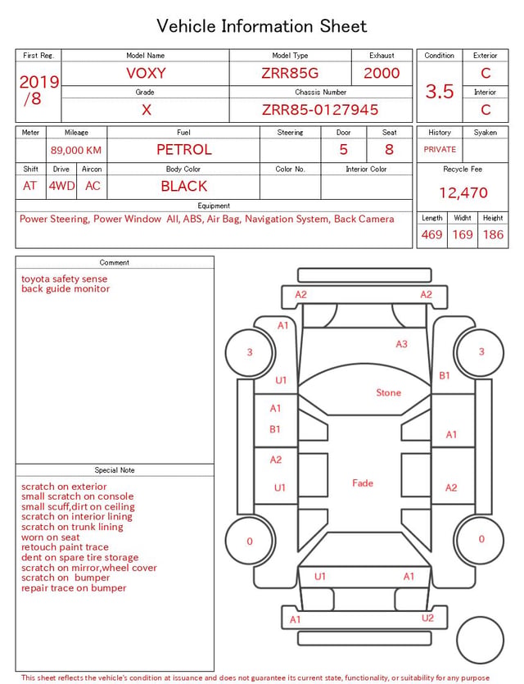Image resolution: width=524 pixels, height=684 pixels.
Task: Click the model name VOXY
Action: coord(146,73)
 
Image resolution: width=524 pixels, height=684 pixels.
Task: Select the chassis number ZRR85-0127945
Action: coord(320,110)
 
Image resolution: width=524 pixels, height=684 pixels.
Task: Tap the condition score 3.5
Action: coord(440,92)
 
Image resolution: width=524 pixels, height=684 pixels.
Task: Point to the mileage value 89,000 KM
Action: coord(76,151)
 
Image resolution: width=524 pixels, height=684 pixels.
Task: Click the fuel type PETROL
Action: coord(184,150)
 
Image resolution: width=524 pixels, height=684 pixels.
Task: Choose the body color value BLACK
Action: coord(184,186)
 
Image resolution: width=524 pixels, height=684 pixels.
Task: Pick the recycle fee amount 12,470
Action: coord(463,193)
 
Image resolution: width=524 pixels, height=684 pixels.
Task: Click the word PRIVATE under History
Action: coord(440,149)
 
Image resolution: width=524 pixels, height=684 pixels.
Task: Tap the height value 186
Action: coord(493,234)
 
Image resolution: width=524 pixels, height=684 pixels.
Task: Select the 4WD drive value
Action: coord(61,186)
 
